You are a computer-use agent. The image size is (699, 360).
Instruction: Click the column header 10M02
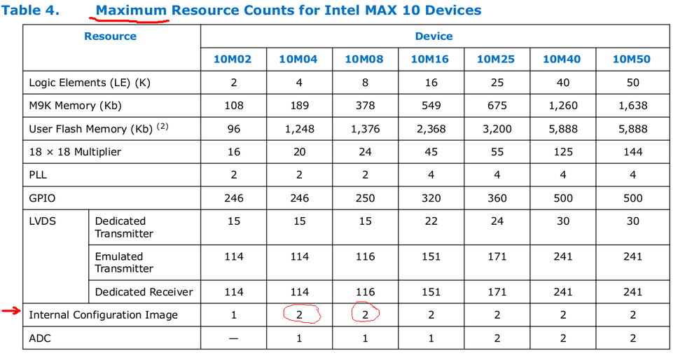point(233,59)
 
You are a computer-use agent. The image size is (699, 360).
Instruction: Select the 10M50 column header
point(632,59)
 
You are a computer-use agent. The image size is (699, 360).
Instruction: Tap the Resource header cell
point(110,36)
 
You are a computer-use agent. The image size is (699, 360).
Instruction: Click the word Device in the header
point(434,36)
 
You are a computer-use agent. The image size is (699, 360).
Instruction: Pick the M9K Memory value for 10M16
point(431,106)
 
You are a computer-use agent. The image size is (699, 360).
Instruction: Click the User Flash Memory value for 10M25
point(497,129)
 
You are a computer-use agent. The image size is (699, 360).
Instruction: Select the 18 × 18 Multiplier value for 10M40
point(562,152)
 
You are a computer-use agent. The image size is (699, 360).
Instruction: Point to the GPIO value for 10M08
point(365,198)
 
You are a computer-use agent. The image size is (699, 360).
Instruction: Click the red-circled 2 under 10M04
point(300,315)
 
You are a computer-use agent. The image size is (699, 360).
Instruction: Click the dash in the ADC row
point(233,338)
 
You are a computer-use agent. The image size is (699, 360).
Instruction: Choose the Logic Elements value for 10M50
point(632,83)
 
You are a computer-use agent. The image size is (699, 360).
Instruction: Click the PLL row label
point(38,175)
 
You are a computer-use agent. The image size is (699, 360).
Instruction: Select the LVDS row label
point(42,221)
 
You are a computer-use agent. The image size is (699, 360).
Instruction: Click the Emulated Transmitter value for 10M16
point(431,256)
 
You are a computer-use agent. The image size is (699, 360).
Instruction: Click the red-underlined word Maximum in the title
point(131,11)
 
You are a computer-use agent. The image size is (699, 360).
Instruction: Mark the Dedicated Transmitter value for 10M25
point(497,221)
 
